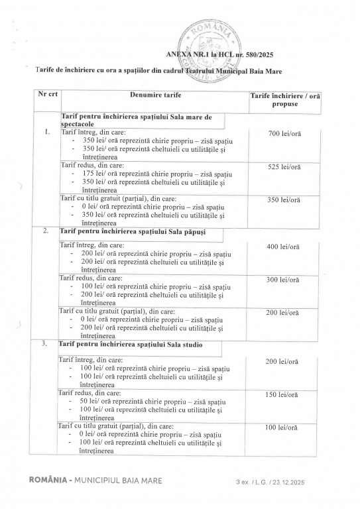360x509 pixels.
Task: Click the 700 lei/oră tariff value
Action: click(x=285, y=135)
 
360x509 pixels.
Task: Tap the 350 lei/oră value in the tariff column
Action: click(x=285, y=199)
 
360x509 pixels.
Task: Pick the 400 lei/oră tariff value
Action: click(x=285, y=247)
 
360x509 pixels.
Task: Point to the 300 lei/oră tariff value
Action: click(x=285, y=280)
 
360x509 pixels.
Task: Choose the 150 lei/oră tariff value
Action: click(x=285, y=394)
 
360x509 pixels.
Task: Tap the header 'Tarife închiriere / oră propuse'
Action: click(x=285, y=100)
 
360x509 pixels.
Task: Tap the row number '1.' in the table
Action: click(x=46, y=132)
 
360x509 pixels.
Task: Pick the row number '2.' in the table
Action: click(x=45, y=231)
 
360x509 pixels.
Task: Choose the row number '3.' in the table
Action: click(x=45, y=345)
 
